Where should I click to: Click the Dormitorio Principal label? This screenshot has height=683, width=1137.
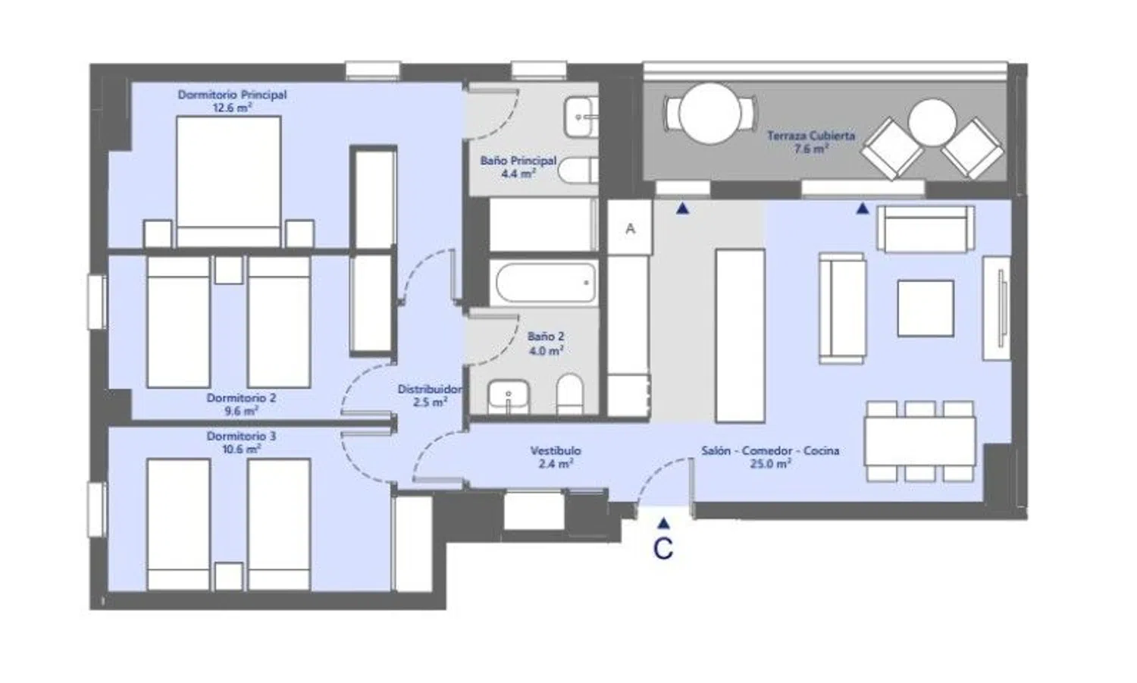pos(232,95)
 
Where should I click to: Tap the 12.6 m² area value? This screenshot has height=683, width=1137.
pos(233,108)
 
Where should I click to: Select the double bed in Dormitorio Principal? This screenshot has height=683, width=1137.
pos(228,182)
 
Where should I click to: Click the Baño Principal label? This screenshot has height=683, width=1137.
pos(518,161)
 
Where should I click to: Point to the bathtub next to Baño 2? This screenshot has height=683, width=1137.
pos(546,282)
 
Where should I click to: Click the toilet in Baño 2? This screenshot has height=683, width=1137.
pos(569,395)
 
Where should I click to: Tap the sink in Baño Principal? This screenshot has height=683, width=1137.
pos(580,117)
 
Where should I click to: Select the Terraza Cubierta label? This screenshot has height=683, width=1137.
pos(810,136)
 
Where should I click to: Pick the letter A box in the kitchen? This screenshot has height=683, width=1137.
pos(630,227)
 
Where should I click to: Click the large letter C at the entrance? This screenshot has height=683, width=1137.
pos(663,548)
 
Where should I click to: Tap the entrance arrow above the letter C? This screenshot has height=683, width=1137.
pos(663,523)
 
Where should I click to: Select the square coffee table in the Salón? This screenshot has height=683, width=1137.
pos(926,309)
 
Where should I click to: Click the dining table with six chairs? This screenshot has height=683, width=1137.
pos(919,440)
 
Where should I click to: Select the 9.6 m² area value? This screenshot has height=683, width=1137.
pos(241,411)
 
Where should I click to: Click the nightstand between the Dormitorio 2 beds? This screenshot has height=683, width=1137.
pos(228,270)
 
